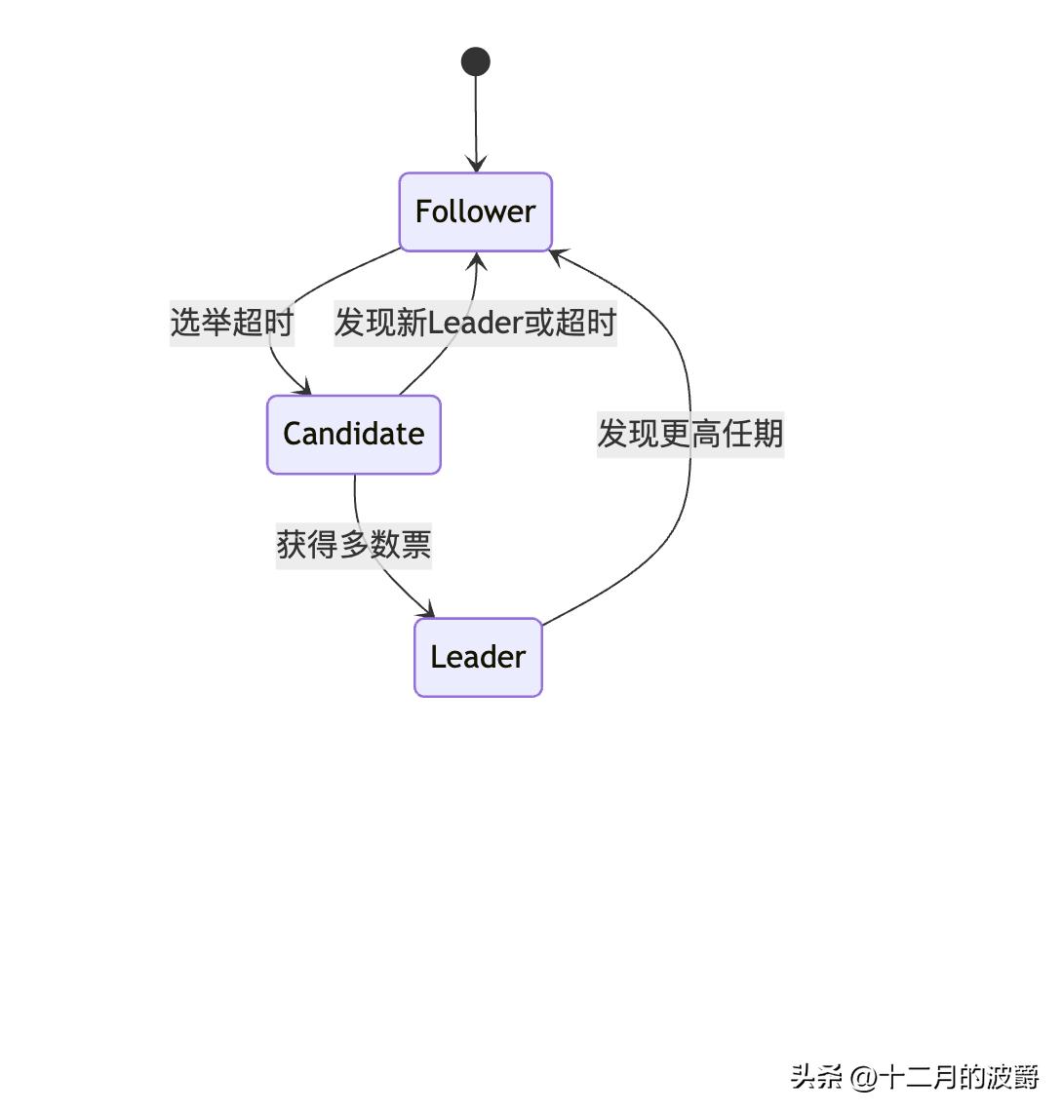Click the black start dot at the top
476,61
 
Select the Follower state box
476,211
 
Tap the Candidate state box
354,435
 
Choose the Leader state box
478,657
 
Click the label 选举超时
232,322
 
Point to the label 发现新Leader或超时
475,322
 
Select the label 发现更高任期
690,433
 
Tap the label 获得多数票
354,544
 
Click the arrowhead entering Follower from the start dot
476,166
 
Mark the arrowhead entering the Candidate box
304,389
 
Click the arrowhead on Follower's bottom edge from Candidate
477,259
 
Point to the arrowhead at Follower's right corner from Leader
557,255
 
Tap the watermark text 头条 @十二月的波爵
915,1077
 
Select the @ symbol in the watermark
864,1078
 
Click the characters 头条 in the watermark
816,1077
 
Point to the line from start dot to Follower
476,117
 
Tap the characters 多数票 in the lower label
385,544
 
